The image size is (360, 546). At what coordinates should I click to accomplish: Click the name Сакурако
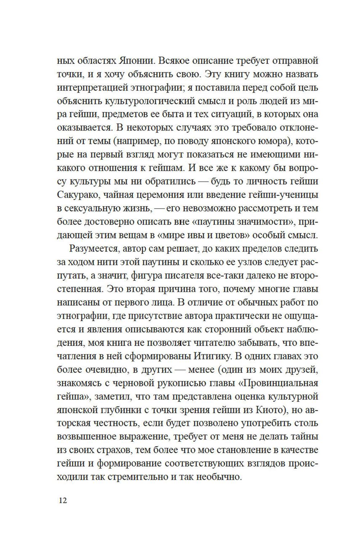(77, 195)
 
